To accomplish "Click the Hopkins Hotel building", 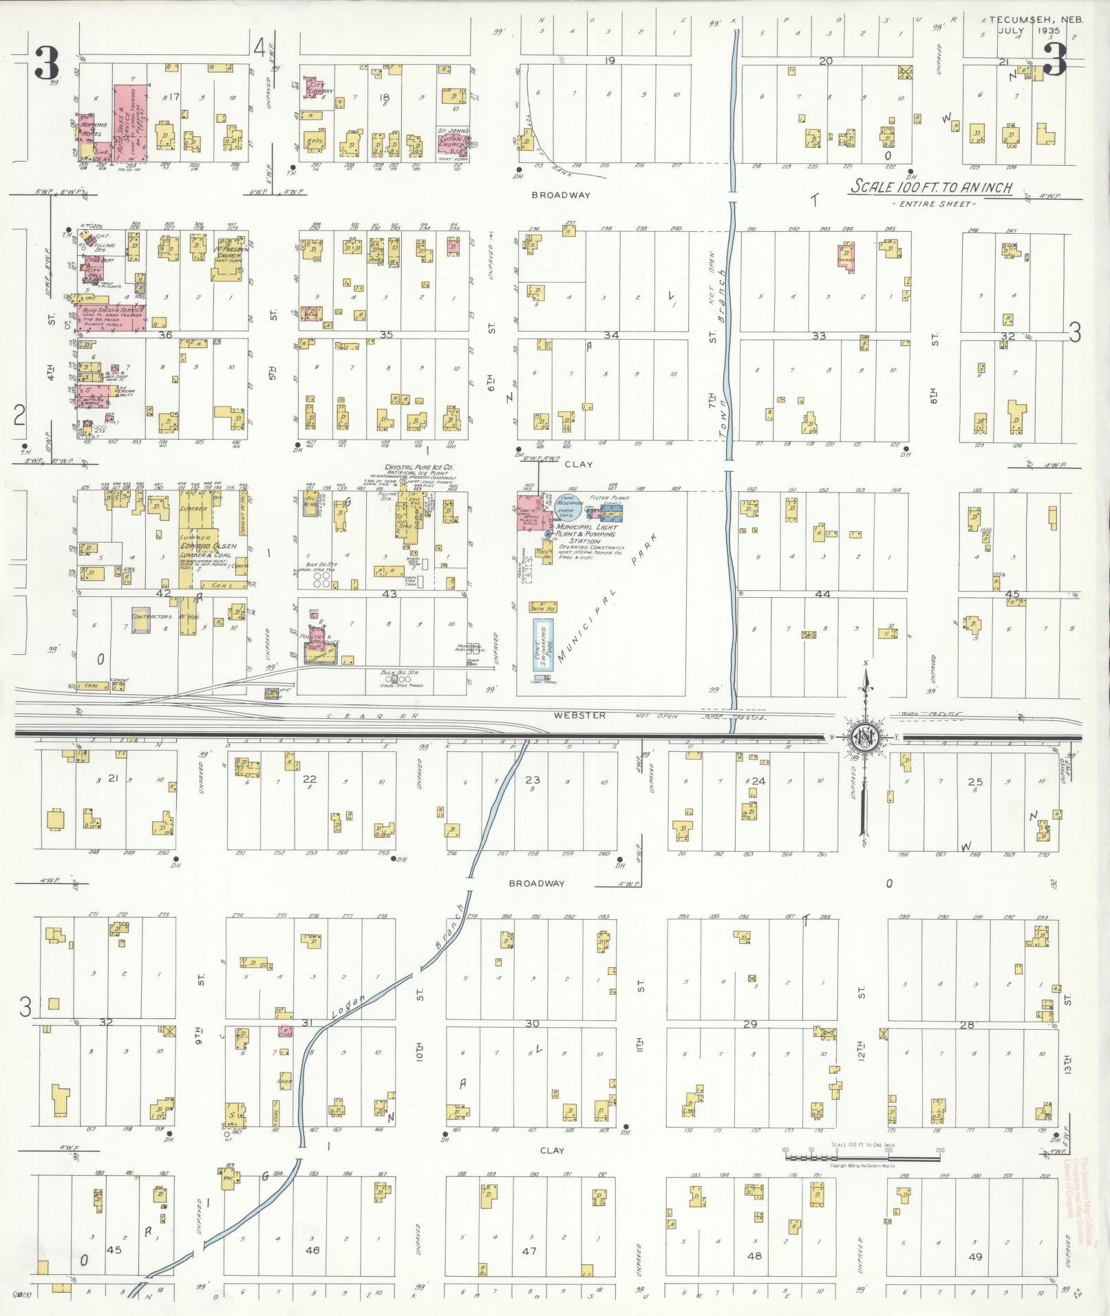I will point(87,129).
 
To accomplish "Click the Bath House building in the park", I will point(543,607).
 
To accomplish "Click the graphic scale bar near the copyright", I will point(863,1156).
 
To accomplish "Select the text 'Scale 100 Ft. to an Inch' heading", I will point(931,186).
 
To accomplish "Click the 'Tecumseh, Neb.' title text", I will point(1036,20).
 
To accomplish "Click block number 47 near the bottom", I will point(529,1251).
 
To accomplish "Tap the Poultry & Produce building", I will point(317,639).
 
